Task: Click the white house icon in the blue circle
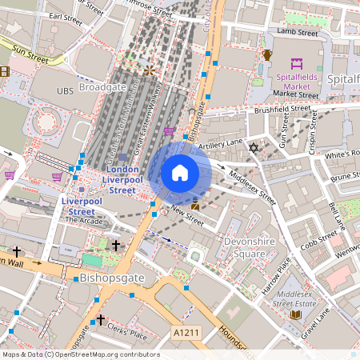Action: pos(180,172)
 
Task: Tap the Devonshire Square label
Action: pos(238,247)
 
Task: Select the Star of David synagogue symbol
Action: pos(254,149)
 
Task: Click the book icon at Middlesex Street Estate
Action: pos(295,315)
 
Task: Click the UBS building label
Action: pos(65,91)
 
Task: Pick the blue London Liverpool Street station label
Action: pos(122,180)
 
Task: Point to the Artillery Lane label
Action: pos(220,143)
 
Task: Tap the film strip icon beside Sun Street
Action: pos(5,71)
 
